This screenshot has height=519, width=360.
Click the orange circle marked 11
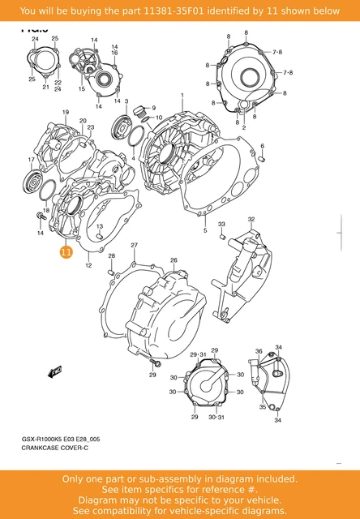(x=66, y=253)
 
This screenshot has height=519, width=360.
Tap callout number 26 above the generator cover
(x=173, y=260)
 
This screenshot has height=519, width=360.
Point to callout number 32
(x=251, y=220)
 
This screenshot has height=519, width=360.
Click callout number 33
(x=221, y=224)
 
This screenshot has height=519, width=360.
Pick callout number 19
(x=64, y=113)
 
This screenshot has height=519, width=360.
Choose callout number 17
(x=32, y=160)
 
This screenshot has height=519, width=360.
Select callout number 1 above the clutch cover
(x=182, y=96)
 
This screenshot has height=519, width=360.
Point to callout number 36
(x=259, y=351)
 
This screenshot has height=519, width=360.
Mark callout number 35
(x=263, y=407)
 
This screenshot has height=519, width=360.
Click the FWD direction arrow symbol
(x=56, y=371)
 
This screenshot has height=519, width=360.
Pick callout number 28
(x=112, y=256)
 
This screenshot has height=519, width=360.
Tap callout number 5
(x=205, y=230)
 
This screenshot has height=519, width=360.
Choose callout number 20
(x=83, y=121)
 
